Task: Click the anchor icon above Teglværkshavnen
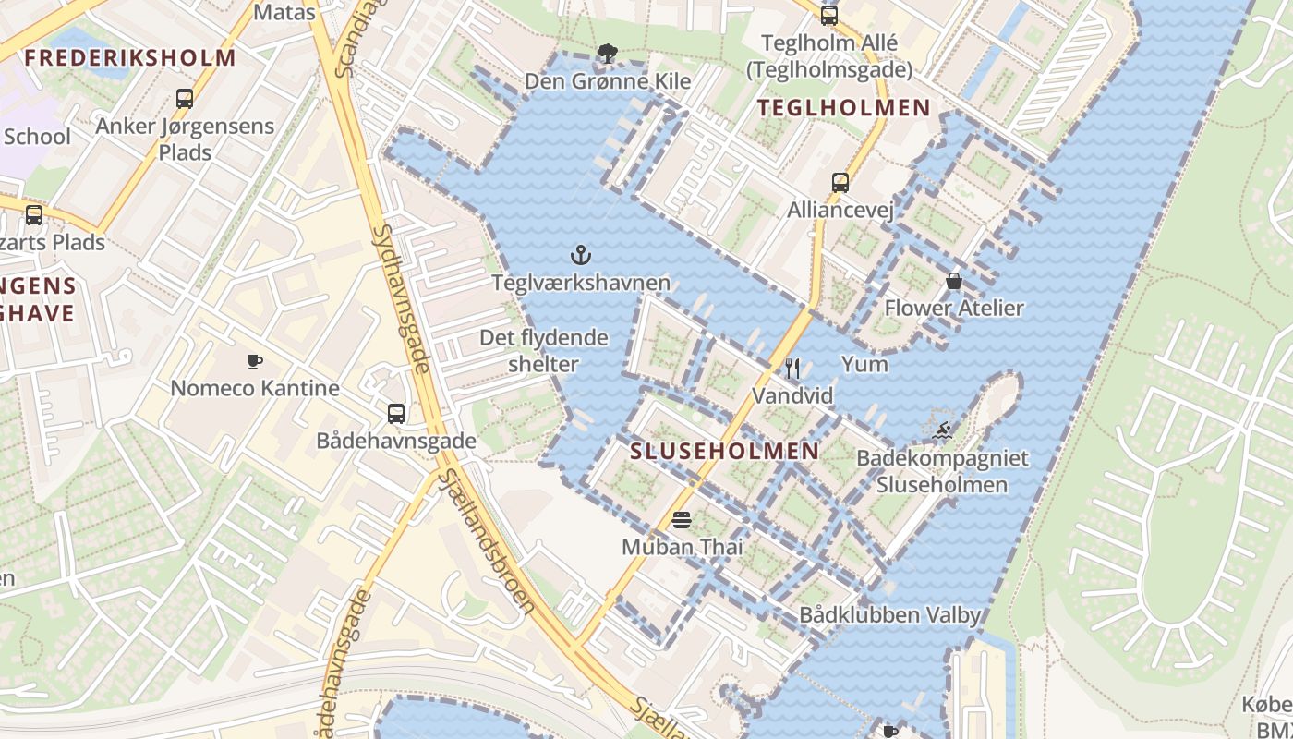click(x=581, y=255)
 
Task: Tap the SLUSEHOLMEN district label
click(x=724, y=452)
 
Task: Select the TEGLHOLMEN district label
click(x=844, y=108)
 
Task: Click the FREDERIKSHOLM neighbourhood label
click(x=130, y=58)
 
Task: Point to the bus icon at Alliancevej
click(x=840, y=183)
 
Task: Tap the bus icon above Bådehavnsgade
click(x=396, y=414)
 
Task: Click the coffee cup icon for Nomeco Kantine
click(x=255, y=361)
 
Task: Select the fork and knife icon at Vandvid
click(x=792, y=369)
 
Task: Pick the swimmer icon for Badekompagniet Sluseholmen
click(x=941, y=430)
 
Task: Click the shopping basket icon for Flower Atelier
click(x=954, y=281)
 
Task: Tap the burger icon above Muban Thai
click(x=682, y=520)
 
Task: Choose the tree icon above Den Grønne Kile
click(x=607, y=54)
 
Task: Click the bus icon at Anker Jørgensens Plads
click(x=185, y=99)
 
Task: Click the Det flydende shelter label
click(x=543, y=351)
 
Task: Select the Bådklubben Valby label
click(x=889, y=615)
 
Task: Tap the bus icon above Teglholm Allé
click(x=828, y=15)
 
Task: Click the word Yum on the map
click(x=864, y=364)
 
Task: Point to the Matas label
click(x=284, y=13)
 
